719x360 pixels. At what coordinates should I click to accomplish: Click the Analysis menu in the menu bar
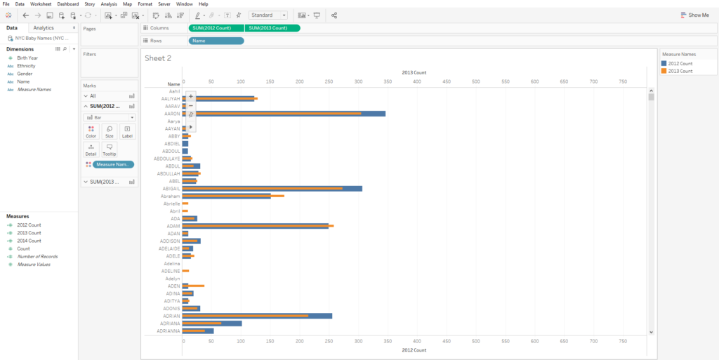coord(109,4)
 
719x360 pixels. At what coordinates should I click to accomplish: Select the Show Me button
coord(695,15)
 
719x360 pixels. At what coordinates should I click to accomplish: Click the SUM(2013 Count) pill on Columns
coord(272,28)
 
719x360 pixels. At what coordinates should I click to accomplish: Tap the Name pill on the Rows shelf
coord(216,41)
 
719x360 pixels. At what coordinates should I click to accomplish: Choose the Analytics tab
coord(44,28)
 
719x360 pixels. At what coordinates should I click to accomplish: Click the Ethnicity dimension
coord(26,66)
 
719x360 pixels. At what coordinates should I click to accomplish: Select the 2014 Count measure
coord(29,241)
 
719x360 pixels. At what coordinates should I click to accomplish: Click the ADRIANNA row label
coord(169,331)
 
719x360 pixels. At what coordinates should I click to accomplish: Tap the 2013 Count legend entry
coord(680,71)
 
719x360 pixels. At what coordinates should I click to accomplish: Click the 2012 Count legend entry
coord(680,63)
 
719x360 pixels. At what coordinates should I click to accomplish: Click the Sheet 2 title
coord(158,58)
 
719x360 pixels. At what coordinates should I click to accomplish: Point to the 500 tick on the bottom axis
coord(476,341)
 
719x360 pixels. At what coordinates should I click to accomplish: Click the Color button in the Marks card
coord(91,131)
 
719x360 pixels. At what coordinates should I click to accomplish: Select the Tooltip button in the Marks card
coord(109,149)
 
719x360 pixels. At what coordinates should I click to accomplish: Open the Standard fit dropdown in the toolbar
coord(268,15)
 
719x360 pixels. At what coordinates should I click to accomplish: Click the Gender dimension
coord(25,74)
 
